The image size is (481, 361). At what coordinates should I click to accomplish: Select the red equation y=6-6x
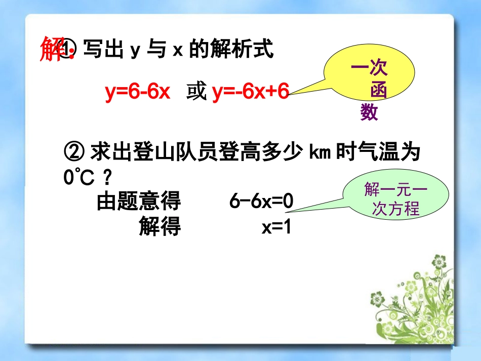[138, 92]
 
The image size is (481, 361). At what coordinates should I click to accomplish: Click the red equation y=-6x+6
[250, 92]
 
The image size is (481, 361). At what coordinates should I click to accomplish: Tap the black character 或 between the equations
[196, 92]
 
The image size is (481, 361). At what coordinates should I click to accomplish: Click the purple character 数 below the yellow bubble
[369, 112]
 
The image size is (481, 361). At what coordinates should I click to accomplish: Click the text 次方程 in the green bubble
[396, 208]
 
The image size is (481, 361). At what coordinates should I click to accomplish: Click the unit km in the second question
[319, 151]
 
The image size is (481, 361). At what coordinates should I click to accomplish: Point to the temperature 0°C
[75, 177]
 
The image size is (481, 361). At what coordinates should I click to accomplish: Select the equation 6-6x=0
[261, 202]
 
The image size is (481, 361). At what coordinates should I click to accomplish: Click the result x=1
[277, 227]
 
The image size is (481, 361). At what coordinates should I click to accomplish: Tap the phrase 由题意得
[138, 202]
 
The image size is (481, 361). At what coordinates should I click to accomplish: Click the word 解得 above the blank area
[159, 227]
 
